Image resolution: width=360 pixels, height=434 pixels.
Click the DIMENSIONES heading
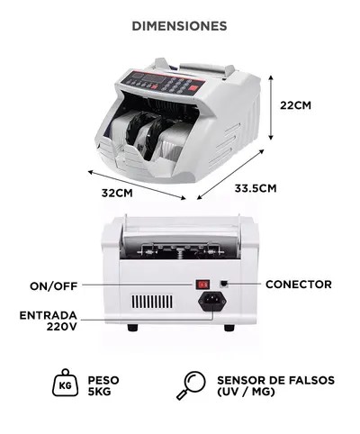pos(179,26)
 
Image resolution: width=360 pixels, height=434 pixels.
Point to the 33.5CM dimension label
pos(255,188)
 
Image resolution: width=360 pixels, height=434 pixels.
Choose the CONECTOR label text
pos(298,285)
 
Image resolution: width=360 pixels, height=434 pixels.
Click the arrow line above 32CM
pos(136,184)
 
